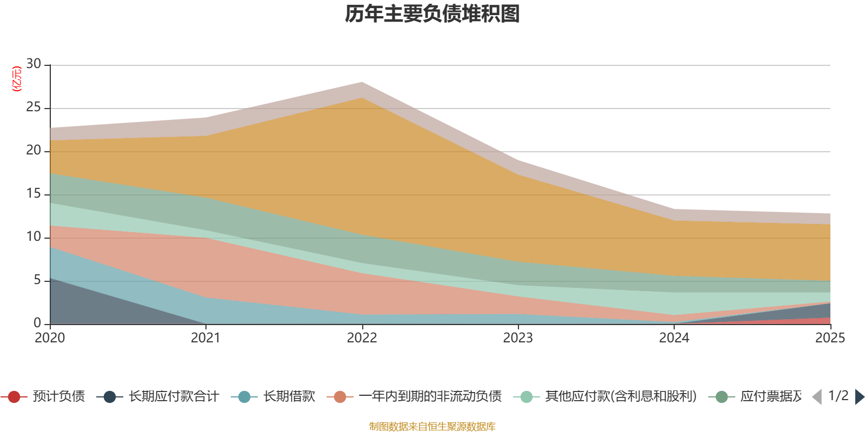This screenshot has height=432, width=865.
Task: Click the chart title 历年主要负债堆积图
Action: pos(432,14)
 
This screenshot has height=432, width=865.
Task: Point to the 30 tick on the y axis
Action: pos(34,64)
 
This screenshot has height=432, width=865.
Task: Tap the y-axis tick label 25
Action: pos(34,107)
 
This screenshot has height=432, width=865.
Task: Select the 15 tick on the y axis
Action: pos(34,194)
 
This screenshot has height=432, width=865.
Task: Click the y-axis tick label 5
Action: pos(37,280)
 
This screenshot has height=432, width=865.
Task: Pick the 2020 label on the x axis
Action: pos(50,338)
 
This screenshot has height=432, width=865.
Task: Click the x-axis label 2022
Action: pos(362,338)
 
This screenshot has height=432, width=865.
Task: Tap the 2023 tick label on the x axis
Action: pos(518,338)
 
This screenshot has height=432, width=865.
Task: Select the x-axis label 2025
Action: pos(829,338)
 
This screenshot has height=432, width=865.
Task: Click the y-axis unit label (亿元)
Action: pos(17,79)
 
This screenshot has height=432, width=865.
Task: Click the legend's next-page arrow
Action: pos(860,397)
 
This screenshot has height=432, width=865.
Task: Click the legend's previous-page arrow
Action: pos(817,397)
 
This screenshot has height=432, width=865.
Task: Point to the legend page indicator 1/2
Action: pos(838,396)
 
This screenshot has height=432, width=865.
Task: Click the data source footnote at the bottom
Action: pos(432,427)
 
